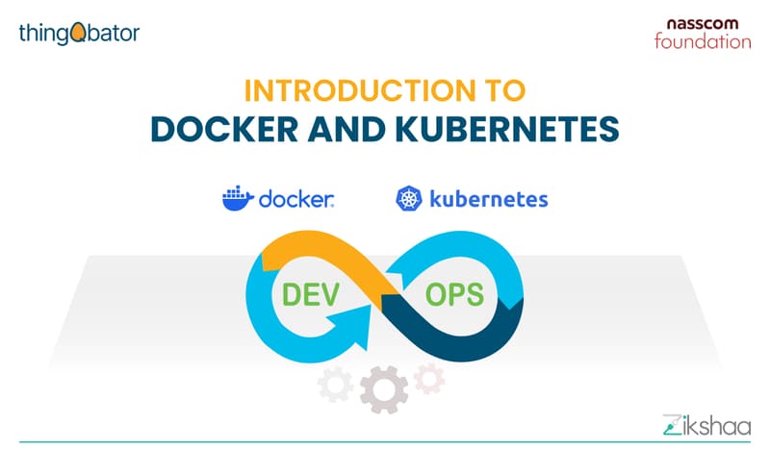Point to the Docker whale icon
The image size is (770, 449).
pyautogui.click(x=236, y=199)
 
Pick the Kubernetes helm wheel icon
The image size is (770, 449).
pyautogui.click(x=408, y=199)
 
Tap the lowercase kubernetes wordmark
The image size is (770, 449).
pyautogui.click(x=489, y=199)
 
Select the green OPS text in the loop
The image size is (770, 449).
pyautogui.click(x=456, y=293)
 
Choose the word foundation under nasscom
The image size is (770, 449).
pyautogui.click(x=702, y=41)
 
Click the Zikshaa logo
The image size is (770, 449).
pyautogui.click(x=699, y=422)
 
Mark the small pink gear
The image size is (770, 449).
pyautogui.click(x=428, y=378)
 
